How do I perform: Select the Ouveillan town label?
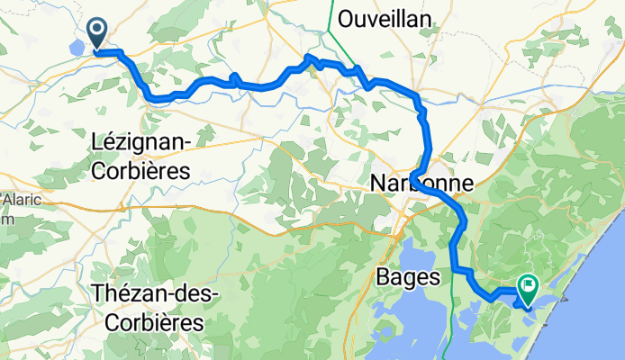[x=384, y=18]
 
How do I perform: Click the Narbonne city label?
[x=421, y=184]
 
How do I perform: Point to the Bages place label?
[x=407, y=275]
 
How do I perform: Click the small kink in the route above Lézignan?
[x=233, y=78]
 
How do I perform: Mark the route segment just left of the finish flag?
[x=504, y=291]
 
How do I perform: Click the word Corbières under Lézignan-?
[x=145, y=169]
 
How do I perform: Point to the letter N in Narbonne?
[x=377, y=184]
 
